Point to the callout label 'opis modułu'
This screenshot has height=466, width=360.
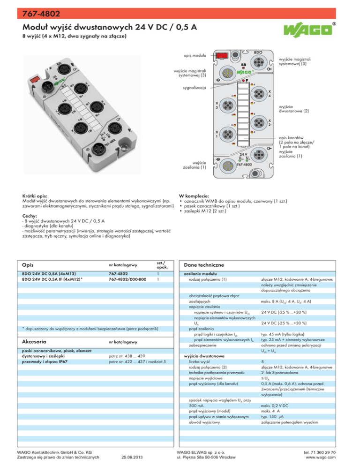(194, 56)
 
